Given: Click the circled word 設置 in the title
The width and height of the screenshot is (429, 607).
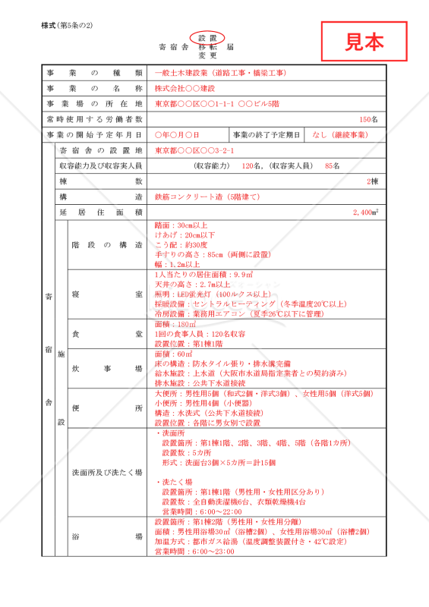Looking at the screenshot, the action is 207,37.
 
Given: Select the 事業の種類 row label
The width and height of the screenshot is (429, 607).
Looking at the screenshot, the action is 94,73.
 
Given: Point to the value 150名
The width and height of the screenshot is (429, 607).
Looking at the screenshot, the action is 368,119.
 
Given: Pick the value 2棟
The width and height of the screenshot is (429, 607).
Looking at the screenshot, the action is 372,181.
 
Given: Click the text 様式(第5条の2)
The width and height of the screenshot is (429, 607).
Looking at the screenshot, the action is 67,26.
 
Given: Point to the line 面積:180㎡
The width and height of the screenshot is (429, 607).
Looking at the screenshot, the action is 175,324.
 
